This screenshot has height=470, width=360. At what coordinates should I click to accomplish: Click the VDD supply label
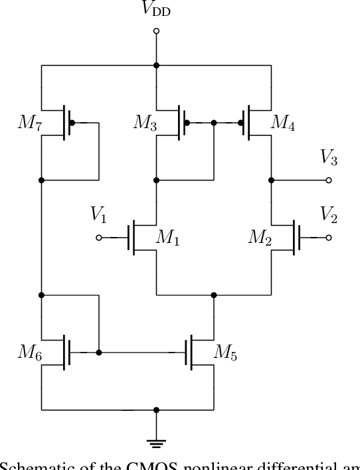(x=157, y=10)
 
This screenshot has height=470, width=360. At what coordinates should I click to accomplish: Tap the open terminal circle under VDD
(x=157, y=31)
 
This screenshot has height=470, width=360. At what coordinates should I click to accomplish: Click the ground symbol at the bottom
(x=157, y=443)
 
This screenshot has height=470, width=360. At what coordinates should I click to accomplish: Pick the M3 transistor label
(x=145, y=123)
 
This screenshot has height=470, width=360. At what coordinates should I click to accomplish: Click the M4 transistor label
(x=283, y=123)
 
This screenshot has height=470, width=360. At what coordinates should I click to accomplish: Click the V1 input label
(x=99, y=214)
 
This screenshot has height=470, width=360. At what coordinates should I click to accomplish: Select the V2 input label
(x=328, y=214)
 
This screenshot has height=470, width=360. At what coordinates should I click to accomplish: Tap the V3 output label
(x=328, y=157)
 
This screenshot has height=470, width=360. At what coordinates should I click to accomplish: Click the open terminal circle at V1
(x=99, y=238)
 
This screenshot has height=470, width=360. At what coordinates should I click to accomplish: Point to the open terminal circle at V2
(x=328, y=238)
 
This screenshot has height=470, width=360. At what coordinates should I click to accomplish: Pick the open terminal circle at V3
(x=328, y=180)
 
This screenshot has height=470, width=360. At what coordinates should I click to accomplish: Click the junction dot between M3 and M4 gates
(x=214, y=123)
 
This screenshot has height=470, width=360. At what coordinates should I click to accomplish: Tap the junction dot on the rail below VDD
(x=157, y=65)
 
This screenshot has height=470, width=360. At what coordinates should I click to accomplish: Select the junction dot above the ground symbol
(x=157, y=410)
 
